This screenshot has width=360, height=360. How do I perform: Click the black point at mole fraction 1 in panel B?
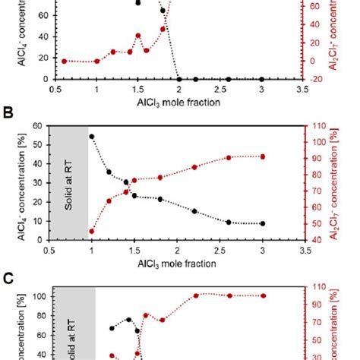[x=92, y=137]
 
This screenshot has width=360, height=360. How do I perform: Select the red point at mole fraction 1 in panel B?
[x=92, y=231]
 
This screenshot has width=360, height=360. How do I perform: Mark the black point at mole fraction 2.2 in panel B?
[x=194, y=211]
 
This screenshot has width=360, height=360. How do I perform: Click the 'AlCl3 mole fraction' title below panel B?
[x=177, y=264]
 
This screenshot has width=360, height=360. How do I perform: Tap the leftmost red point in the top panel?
[x=64, y=61]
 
